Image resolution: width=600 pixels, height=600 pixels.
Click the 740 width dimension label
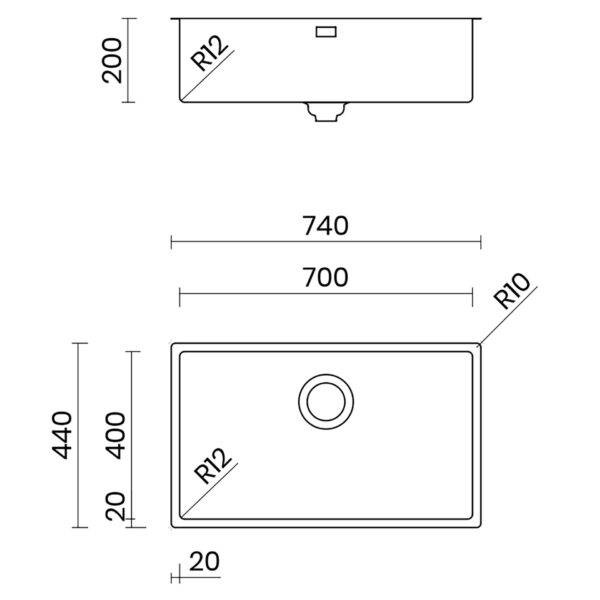[326, 226]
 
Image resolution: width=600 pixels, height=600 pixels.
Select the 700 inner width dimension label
[326, 277]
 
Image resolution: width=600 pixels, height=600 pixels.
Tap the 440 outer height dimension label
[62, 435]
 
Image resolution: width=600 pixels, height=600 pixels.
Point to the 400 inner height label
[116, 435]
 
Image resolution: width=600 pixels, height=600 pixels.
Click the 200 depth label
[112, 60]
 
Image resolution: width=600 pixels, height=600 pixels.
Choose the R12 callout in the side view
[209, 53]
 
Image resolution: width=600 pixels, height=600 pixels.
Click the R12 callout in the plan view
[213, 465]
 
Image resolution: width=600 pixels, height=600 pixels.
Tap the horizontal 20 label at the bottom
[204, 561]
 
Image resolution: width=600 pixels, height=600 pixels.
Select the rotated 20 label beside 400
[116, 506]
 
